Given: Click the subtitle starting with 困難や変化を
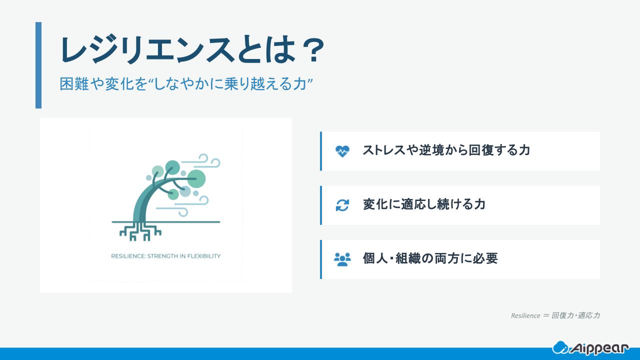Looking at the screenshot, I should [186, 84].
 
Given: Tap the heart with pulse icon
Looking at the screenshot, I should [342, 151].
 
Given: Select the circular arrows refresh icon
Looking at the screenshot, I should [342, 205].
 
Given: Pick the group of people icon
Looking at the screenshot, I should [342, 259].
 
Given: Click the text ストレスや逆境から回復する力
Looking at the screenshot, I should [446, 150].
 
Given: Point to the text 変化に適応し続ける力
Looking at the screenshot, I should [424, 204].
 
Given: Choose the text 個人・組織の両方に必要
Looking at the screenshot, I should [430, 258].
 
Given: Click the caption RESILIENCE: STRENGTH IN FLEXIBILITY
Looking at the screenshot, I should [165, 256].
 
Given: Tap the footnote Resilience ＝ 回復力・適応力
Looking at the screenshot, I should [555, 315].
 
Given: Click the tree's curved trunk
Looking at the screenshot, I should [142, 200].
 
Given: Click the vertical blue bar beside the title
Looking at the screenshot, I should [38, 65].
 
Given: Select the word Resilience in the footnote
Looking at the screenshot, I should [525, 315].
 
